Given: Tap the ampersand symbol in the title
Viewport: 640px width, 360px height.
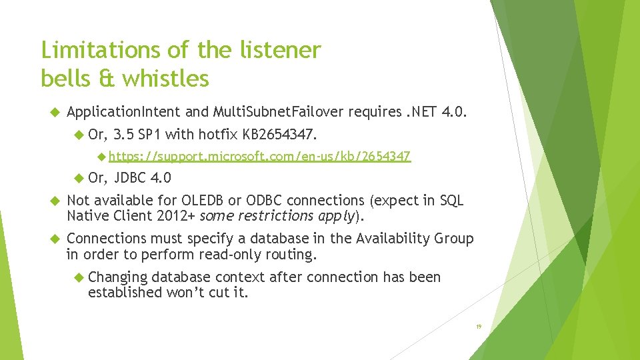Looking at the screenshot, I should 107,79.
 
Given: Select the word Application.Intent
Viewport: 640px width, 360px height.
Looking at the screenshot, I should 124,111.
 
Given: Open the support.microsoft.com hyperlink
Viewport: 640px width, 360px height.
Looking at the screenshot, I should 259,157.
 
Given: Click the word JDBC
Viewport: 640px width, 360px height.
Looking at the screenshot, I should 131,178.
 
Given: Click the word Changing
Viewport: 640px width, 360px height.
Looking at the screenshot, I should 117,277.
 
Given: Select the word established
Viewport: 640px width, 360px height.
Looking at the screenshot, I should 125,292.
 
